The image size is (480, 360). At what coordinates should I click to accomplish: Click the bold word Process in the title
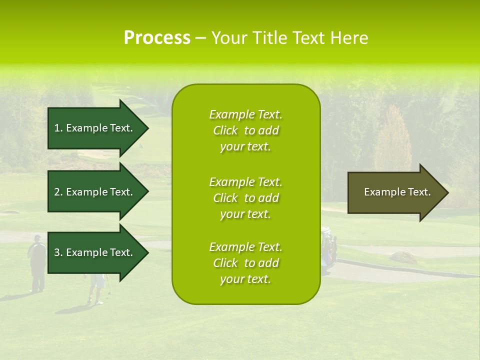(x=157, y=38)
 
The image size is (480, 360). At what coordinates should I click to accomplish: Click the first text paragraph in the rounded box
(x=245, y=130)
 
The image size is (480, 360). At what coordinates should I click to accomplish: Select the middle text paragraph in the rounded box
(x=245, y=198)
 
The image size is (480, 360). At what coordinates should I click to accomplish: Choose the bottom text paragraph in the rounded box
(x=245, y=263)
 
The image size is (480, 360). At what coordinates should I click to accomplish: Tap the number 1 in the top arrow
(x=57, y=128)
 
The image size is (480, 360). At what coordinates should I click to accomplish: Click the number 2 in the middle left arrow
(x=57, y=192)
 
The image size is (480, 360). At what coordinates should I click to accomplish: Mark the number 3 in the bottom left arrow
(x=57, y=252)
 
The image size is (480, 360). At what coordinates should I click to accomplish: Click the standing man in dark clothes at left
(x=37, y=262)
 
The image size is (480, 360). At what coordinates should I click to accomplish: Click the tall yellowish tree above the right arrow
(x=393, y=140)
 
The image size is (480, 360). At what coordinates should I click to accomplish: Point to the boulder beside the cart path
(x=403, y=258)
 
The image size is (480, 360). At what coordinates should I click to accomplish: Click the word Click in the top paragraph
(x=225, y=130)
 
